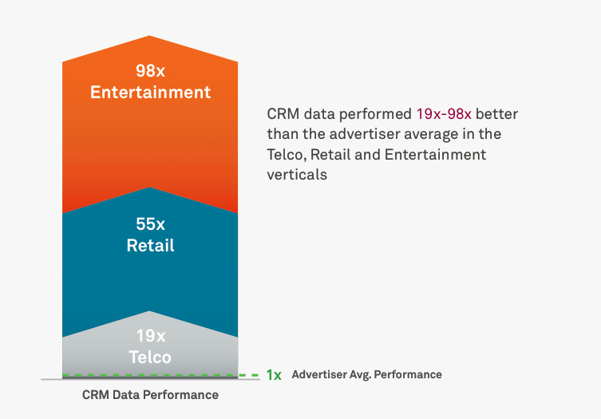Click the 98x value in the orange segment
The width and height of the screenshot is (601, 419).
(150, 71)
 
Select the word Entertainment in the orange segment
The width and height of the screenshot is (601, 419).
(150, 93)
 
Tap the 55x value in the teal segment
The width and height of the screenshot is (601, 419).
(150, 224)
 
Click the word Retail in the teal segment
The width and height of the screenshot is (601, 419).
(150, 245)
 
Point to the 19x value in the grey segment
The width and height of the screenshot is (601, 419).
(151, 336)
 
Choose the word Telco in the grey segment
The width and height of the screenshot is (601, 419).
(150, 358)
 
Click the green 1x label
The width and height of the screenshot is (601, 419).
(274, 375)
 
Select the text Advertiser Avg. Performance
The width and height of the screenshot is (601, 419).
(367, 374)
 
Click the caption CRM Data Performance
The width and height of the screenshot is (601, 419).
(150, 395)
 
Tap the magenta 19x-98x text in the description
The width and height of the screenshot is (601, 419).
(444, 114)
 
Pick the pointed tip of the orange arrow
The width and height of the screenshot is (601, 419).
(149, 36)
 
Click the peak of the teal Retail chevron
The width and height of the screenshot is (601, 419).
(150, 188)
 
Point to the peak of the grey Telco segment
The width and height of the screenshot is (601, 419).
(149, 311)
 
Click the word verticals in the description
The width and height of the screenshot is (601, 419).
(297, 175)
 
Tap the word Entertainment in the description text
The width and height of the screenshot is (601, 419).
(435, 155)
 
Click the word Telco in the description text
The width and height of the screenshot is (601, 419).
(286, 156)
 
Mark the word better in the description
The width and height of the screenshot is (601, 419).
(496, 114)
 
